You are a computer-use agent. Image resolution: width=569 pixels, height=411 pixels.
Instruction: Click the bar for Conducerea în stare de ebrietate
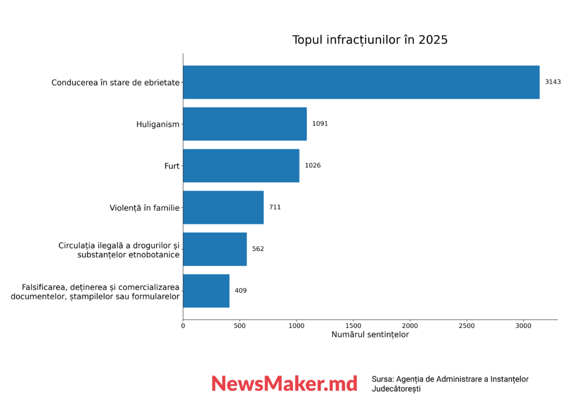coord(361,82)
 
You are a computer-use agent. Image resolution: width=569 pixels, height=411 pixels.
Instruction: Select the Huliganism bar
coord(244,124)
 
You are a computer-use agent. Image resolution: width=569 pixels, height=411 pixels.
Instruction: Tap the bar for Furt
coord(241,166)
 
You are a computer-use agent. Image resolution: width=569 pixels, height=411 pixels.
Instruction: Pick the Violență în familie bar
coord(223,207)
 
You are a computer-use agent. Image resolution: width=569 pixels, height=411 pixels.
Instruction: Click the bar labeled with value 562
coord(214,249)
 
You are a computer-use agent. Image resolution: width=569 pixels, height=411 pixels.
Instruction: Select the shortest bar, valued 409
coord(206,290)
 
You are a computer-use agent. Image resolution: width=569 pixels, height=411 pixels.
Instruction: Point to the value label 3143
coord(553,82)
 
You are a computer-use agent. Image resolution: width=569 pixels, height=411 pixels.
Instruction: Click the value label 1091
coord(320,124)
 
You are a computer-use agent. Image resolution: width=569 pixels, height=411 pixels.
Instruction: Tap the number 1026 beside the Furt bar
coord(313,166)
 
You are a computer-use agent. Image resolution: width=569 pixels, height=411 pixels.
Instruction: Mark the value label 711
coord(275,207)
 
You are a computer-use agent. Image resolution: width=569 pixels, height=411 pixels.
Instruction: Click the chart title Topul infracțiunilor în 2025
coord(370,40)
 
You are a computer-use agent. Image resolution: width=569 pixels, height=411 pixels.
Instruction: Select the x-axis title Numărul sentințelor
coord(370,335)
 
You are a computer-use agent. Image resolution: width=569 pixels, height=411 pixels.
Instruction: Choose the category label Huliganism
coord(158,124)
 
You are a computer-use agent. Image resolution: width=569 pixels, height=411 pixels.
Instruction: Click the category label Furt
coord(172,166)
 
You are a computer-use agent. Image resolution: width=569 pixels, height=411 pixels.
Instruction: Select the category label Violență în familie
coord(144,208)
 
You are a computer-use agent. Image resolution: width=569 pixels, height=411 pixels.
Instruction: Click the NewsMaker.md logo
coord(284,383)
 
